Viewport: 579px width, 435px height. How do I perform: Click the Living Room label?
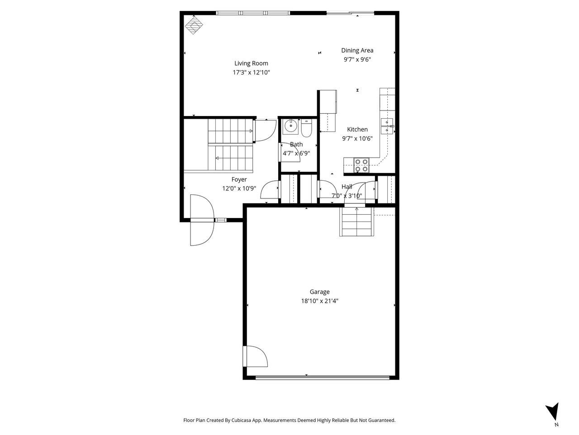coord(251,63)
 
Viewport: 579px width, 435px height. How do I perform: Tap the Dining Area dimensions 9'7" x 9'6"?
coord(357,59)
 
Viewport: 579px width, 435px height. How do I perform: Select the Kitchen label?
coord(357,130)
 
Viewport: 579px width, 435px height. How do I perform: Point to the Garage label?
coord(319,292)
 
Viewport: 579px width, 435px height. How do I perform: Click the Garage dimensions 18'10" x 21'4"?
coord(319,301)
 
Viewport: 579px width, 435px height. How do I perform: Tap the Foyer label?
coord(239,179)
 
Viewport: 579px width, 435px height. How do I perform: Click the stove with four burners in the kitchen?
coord(361,165)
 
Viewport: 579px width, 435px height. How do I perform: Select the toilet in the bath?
coord(306,128)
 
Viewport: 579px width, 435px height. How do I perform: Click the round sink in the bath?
coord(289,127)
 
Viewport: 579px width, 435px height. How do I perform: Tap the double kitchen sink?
coord(387,126)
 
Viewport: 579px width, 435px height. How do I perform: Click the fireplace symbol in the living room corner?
coord(194,26)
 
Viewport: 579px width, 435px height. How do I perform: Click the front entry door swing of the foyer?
coord(201,220)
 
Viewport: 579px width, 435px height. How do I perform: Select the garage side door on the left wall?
coord(255,357)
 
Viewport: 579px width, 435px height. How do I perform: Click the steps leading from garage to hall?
coord(357,222)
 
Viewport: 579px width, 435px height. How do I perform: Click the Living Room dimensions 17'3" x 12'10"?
coord(251,72)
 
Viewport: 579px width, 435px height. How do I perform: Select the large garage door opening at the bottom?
coord(322,377)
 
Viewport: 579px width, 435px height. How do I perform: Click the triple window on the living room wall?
coord(253,13)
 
